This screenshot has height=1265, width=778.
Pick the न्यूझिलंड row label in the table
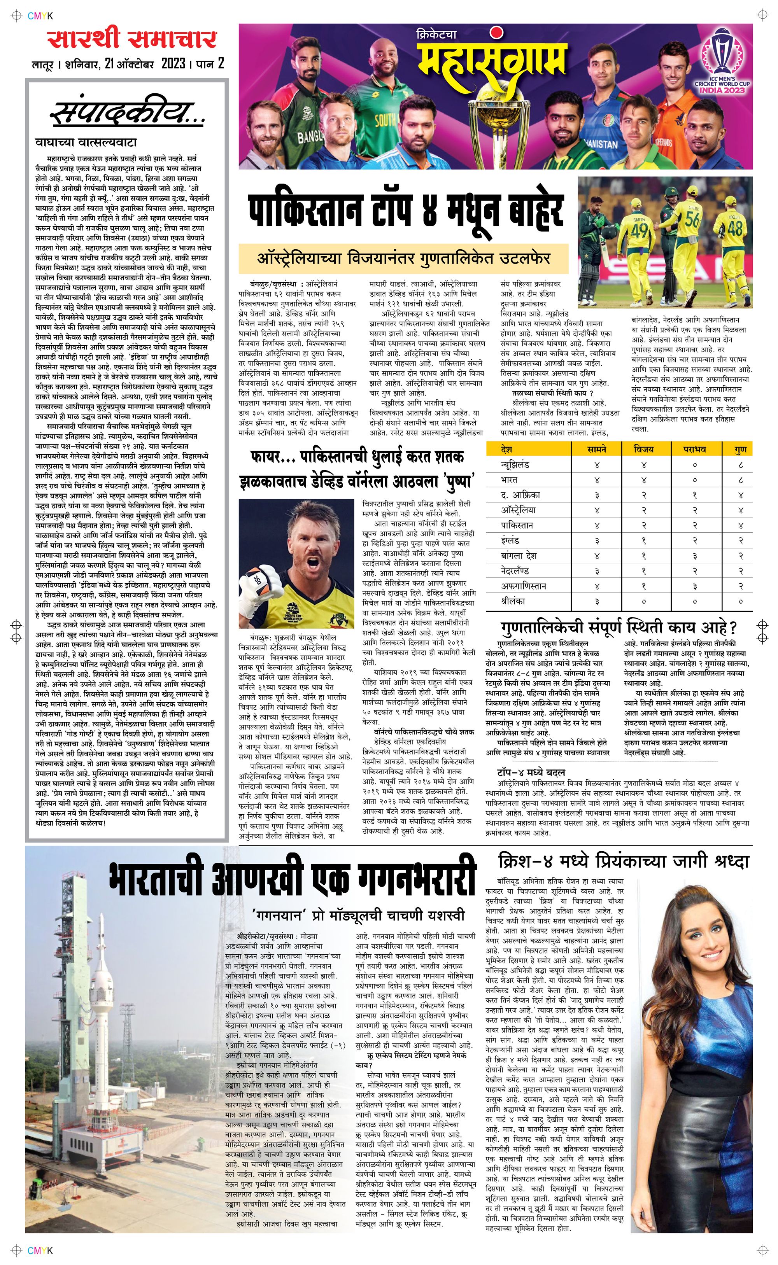coord(515,464)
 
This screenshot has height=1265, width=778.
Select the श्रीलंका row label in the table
coord(513,601)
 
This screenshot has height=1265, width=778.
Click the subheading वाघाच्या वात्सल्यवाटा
coord(86,142)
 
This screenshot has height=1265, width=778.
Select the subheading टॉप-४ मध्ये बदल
coord(531,772)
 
